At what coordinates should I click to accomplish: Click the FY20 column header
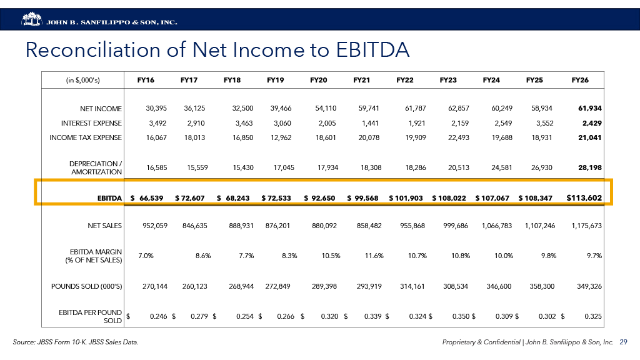318,80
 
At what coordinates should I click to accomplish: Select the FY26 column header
580,80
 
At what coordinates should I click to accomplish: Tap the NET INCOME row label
101,109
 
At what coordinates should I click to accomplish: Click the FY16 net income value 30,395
156,108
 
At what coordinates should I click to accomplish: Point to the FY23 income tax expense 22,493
458,137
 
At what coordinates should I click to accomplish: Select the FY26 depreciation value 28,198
590,167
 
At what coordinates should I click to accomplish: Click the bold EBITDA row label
109,198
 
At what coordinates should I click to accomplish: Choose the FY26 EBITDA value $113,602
584,198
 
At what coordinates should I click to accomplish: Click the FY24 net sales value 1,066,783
497,226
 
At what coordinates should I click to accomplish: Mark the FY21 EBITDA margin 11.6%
374,256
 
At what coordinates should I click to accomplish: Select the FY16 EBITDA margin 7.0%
146,256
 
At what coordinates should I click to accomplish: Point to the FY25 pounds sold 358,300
542,286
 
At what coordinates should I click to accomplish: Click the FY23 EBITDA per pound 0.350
460,316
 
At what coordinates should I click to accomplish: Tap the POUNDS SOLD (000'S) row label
86,286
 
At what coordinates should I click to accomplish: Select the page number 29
623,342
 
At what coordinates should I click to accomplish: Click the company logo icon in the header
32,19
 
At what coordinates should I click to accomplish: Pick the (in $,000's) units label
83,81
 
